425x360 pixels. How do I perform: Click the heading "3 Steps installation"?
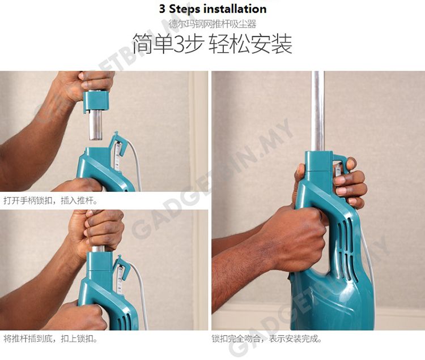212,9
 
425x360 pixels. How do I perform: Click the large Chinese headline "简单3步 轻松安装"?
212,44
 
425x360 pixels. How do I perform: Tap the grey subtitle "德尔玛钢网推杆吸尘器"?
212,24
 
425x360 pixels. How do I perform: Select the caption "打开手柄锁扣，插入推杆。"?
50,200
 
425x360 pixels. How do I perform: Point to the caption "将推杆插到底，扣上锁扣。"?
50,338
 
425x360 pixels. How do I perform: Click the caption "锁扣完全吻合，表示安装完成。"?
267,338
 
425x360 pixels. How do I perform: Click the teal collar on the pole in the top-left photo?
96,101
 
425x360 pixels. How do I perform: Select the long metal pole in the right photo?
317,111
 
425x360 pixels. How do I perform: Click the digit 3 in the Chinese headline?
178,44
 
